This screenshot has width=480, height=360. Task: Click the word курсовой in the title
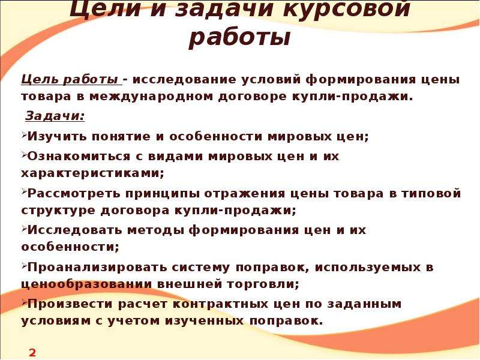click(x=347, y=9)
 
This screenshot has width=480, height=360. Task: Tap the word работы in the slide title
click(x=239, y=38)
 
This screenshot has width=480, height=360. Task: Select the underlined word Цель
click(x=40, y=80)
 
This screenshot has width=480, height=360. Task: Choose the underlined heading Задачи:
click(x=55, y=116)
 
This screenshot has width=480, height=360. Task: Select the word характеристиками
click(x=92, y=173)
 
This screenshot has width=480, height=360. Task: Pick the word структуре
click(x=58, y=211)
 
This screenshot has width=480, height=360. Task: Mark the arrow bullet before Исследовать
click(x=24, y=228)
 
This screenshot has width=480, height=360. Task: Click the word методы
click(x=155, y=230)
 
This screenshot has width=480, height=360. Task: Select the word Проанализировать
click(x=97, y=268)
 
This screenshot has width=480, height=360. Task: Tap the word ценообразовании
click(x=86, y=284)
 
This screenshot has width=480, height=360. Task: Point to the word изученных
click(x=204, y=321)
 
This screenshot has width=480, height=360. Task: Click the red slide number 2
click(x=32, y=353)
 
